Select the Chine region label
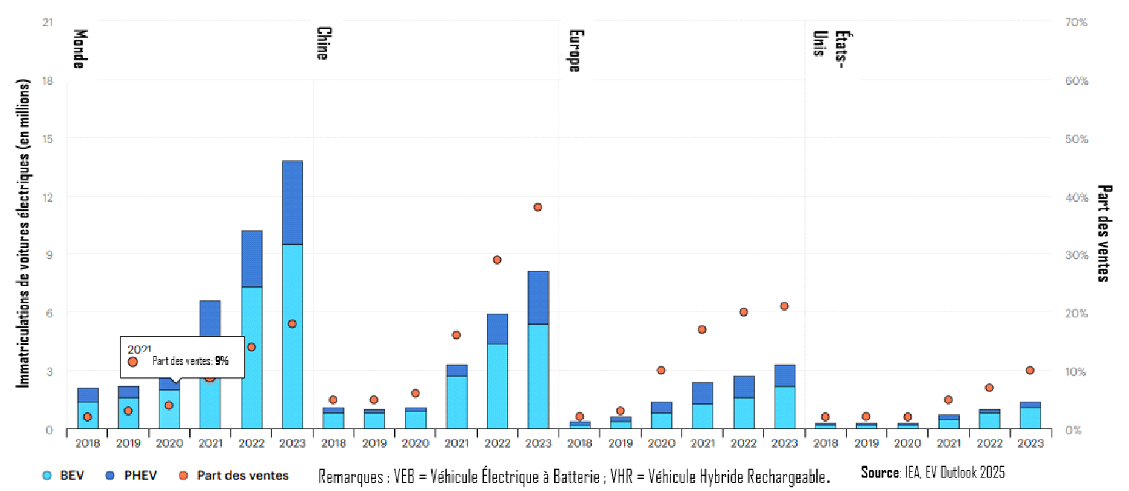coord(322,43)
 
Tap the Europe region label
coord(574,50)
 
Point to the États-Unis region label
coord(829,47)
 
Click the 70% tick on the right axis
coord(1077,22)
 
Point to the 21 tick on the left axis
coord(48,22)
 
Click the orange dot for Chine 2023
coord(538,207)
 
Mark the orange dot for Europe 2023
coord(783,306)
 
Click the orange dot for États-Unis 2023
coord(1030,370)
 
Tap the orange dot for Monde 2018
coord(87,417)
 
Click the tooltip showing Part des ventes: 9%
coord(182,357)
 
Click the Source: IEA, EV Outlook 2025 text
coord(932,472)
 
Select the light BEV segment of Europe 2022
coord(743,414)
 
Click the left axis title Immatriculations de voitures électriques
coord(24,233)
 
